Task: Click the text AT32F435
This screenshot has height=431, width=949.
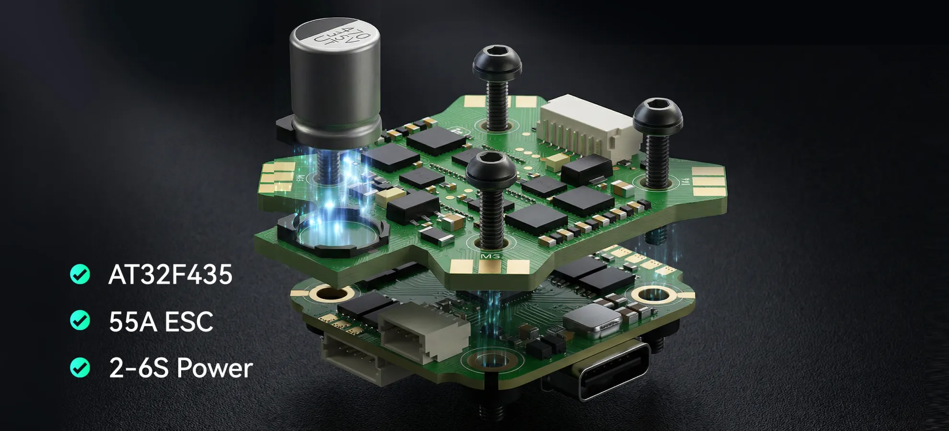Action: (170, 274)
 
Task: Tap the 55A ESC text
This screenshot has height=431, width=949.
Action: (161, 321)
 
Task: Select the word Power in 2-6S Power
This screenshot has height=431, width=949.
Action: (214, 368)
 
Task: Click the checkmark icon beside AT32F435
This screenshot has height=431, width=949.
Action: (80, 274)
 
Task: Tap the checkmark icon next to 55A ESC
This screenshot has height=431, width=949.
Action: (80, 321)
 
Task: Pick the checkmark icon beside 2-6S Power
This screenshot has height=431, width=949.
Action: (80, 368)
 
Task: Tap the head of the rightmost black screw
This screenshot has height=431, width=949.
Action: (658, 116)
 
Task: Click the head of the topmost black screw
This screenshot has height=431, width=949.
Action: (497, 61)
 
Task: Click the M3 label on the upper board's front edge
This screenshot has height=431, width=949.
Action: (490, 257)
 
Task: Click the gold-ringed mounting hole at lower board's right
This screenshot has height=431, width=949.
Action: (653, 294)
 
